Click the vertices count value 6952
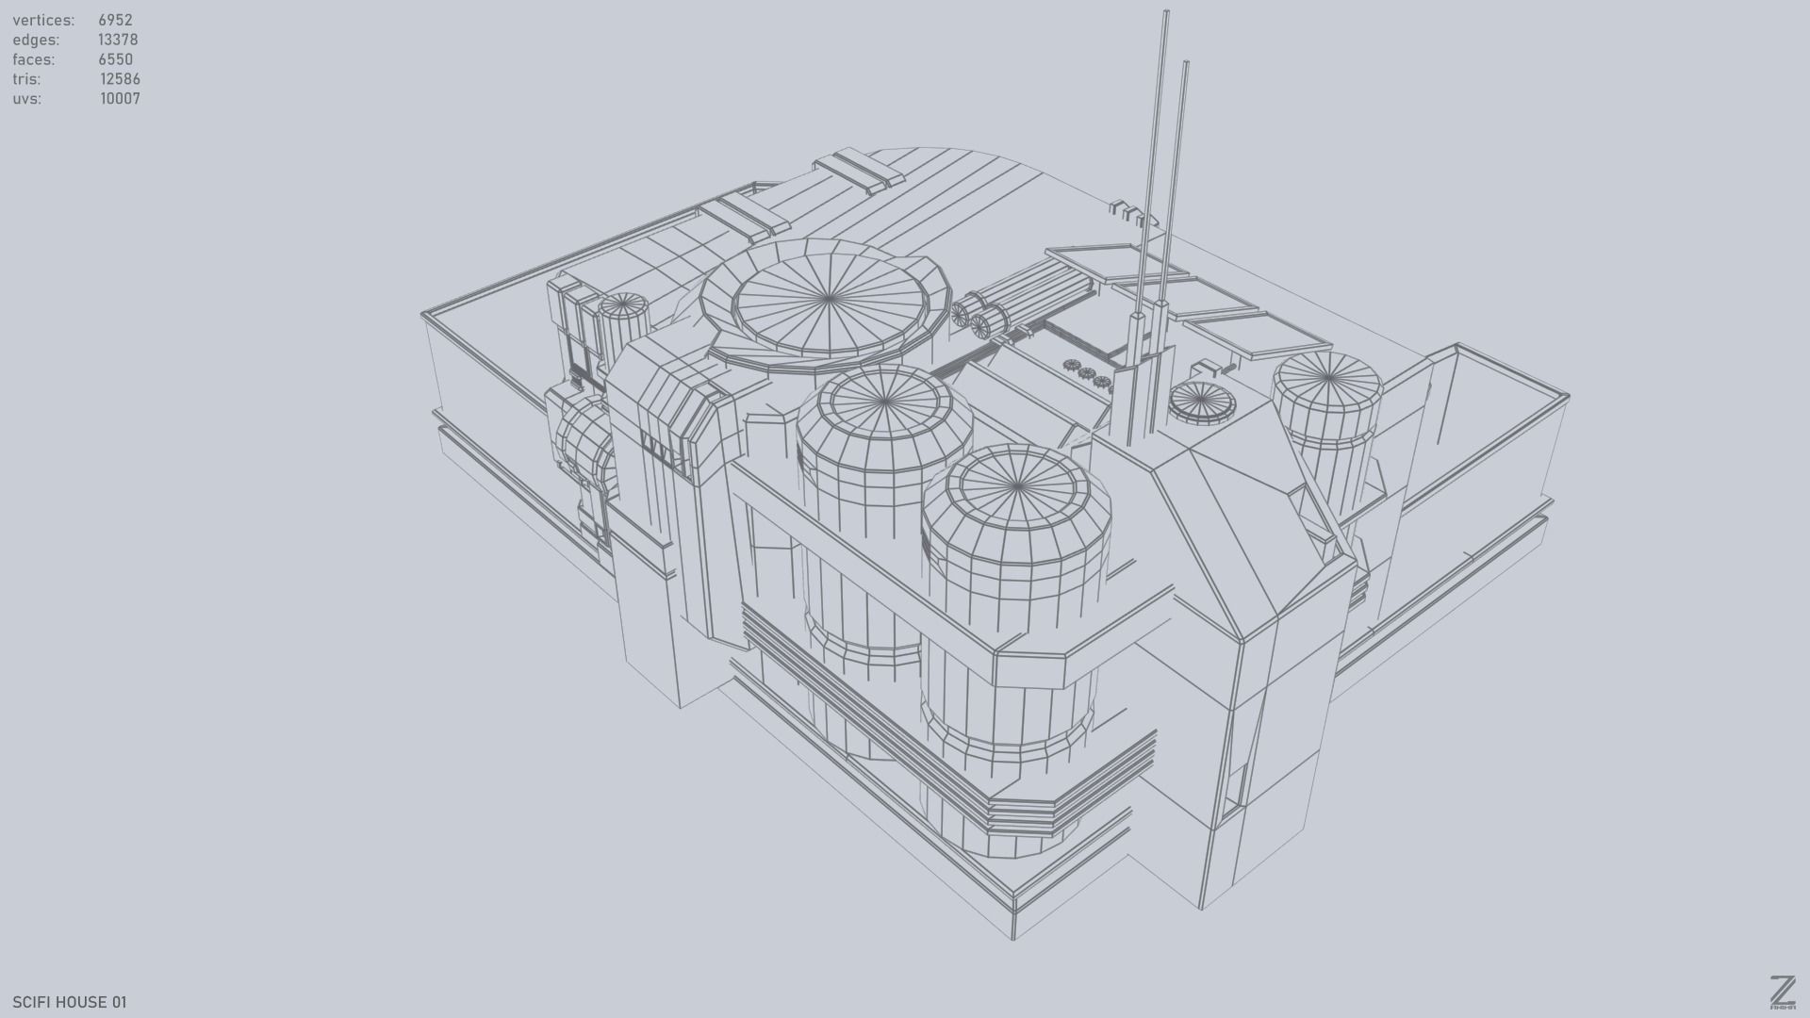tap(115, 20)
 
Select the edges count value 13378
tap(118, 40)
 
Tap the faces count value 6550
tap(115, 59)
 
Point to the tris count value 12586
tap(120, 79)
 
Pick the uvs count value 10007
tap(120, 99)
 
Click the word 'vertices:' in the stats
tap(43, 20)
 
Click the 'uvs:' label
tap(27, 99)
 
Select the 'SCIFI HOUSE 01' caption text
tap(70, 1002)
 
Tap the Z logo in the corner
tap(1782, 992)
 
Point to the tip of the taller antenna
tap(1166, 13)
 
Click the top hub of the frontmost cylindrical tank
tap(1017, 486)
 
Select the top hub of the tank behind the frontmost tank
tap(885, 403)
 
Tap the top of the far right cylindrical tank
tap(1327, 378)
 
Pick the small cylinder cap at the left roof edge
tap(623, 304)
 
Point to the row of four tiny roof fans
tap(1086, 372)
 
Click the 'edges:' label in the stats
tap(36, 40)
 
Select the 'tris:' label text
tap(26, 79)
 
